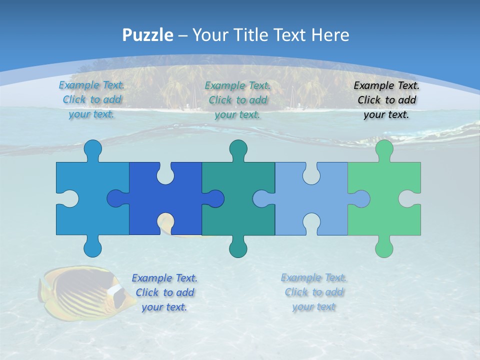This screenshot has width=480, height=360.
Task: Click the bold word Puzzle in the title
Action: pyautogui.click(x=148, y=35)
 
